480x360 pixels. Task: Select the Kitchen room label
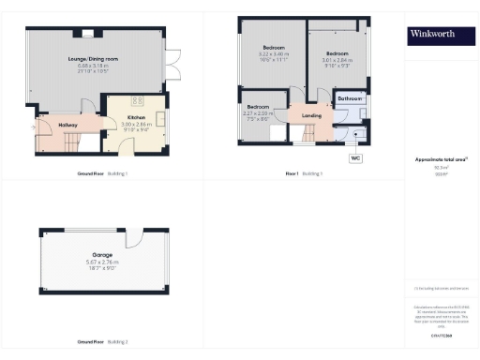[x=136, y=117]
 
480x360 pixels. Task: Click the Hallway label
[x=67, y=124]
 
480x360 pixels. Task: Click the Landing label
[x=311, y=116]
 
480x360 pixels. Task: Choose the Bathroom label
[x=351, y=97]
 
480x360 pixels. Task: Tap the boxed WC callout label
[x=355, y=158]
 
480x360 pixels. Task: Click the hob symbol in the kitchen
[x=138, y=102]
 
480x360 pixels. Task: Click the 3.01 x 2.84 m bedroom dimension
[x=337, y=65]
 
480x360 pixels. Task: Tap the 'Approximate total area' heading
[x=434, y=159]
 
